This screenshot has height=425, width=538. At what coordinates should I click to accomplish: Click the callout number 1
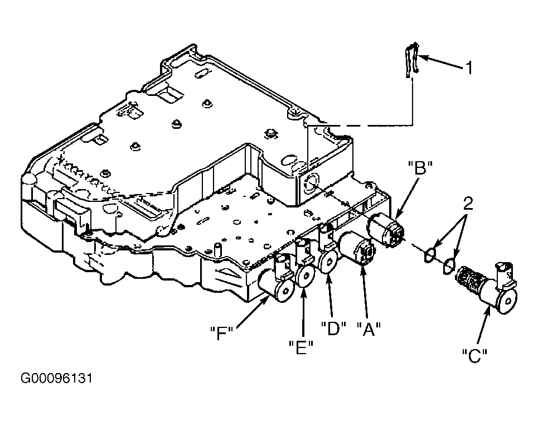coord(469,67)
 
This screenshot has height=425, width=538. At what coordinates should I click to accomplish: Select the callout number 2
coord(468,204)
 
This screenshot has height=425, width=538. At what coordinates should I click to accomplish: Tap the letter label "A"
coord(369,329)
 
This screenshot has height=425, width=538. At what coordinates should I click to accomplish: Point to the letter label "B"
coord(420,168)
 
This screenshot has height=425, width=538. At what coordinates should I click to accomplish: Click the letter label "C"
coord(475,356)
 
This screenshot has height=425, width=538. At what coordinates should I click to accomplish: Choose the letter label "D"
coord(333,328)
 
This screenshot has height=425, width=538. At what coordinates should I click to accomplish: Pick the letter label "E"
coord(301,347)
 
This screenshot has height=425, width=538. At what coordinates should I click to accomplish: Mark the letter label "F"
coord(222,332)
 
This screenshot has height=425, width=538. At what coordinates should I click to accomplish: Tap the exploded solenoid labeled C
coord(487,288)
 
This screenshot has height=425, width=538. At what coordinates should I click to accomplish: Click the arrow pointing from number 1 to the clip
coord(440,62)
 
